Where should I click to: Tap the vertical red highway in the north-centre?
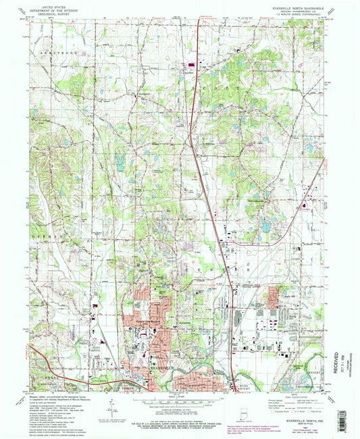pos(197,68)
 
